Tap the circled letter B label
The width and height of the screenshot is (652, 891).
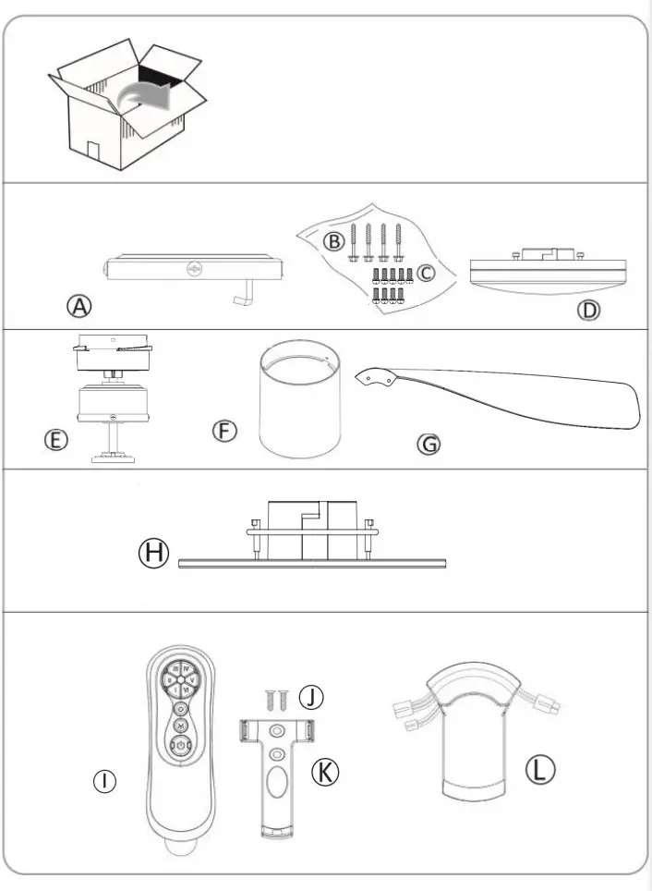(333, 240)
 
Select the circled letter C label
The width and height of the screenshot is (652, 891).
(425, 273)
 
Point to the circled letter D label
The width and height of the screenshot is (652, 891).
(588, 309)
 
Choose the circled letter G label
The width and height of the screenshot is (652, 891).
(429, 444)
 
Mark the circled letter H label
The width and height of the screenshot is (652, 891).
(154, 554)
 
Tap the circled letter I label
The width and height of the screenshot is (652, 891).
(108, 782)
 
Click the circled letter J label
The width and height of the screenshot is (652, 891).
(312, 698)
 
